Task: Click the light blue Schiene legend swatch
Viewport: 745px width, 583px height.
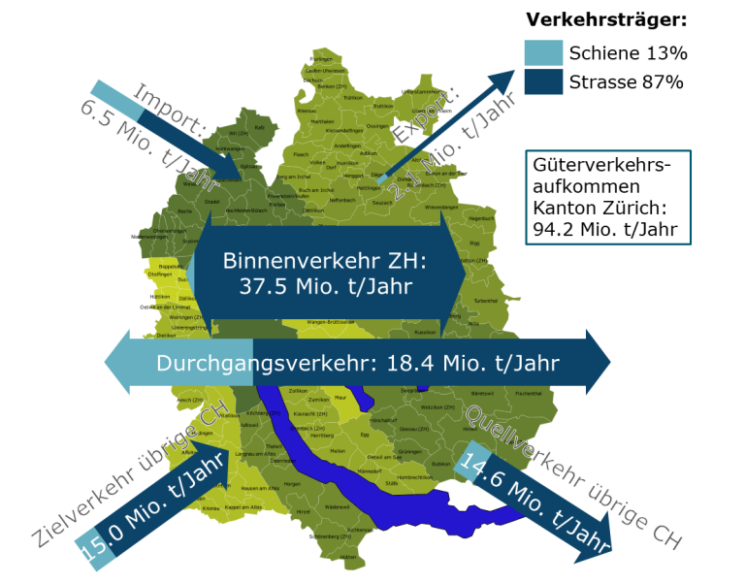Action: coord(542,52)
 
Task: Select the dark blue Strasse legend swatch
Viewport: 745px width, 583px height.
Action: coord(542,81)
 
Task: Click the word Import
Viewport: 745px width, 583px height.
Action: coord(167,107)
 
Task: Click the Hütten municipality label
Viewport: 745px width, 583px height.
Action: coord(348,556)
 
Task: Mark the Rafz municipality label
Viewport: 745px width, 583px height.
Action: coord(259,127)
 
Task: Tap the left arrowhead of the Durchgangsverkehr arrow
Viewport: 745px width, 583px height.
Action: coord(117,362)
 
